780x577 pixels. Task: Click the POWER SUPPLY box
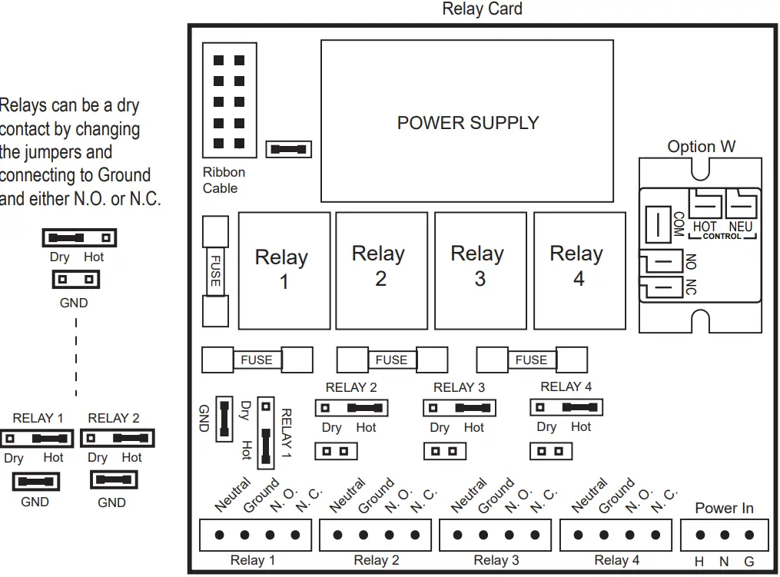tap(466, 121)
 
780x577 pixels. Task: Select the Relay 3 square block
tap(480, 270)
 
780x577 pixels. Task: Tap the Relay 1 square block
tap(284, 270)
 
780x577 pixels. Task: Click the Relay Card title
tap(482, 9)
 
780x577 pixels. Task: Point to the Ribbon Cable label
tap(224, 181)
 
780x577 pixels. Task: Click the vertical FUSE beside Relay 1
tap(214, 270)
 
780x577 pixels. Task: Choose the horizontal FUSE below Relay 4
tap(531, 360)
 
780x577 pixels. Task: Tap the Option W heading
tap(701, 147)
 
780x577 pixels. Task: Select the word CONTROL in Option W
tap(722, 237)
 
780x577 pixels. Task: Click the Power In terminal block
tap(724, 535)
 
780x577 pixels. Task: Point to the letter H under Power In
tap(699, 562)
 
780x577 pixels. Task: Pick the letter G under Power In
tap(748, 562)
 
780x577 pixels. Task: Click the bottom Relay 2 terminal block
tap(376, 535)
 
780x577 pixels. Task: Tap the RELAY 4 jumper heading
tap(566, 387)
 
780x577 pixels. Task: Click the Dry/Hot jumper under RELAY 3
tap(458, 408)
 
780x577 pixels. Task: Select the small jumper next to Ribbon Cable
tap(288, 149)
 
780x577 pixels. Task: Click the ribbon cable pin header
tap(229, 101)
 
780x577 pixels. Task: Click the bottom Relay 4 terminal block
tap(616, 535)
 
